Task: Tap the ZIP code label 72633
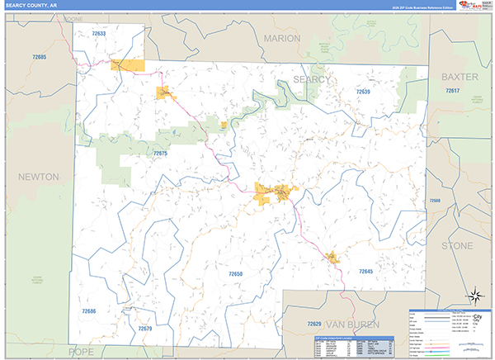99,33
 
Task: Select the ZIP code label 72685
39,57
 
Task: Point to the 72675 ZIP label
160,154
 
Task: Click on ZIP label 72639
363,92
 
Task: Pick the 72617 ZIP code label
451,90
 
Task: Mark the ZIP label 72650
236,273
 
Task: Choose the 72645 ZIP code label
366,272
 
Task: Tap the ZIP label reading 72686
89,311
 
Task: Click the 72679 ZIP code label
145,329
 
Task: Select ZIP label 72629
313,324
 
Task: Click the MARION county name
282,39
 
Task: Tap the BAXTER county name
460,76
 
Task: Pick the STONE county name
458,246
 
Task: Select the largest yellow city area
272,193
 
